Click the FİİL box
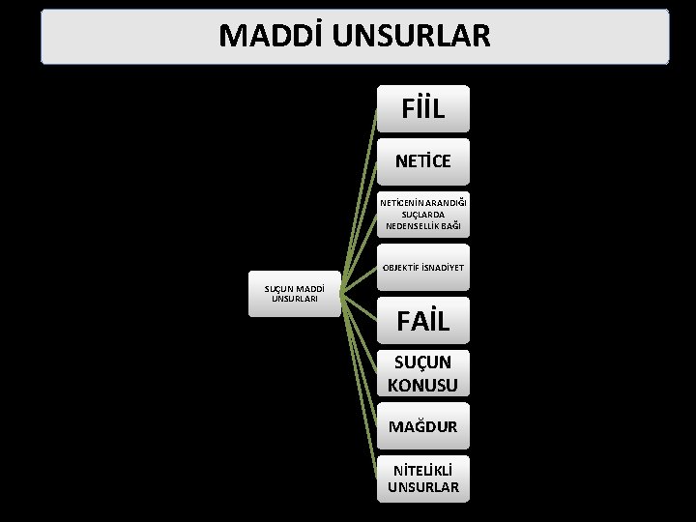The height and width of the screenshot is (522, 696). click(422, 108)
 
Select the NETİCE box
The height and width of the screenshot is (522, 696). click(422, 161)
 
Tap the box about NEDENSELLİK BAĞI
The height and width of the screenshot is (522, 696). click(422, 215)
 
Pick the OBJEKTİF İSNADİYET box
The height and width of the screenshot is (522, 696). click(422, 267)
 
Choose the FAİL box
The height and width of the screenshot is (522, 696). click(422, 320)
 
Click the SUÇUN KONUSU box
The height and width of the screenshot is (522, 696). click(422, 373)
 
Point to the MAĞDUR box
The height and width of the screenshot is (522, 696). click(422, 426)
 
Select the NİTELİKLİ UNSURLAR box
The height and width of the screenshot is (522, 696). click(422, 478)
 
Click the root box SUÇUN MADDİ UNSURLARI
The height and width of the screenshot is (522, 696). click(294, 293)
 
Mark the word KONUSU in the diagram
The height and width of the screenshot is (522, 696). click(422, 384)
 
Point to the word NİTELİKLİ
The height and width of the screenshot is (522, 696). click(423, 469)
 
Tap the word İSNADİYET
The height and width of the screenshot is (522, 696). click(444, 267)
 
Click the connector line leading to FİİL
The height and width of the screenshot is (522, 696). click(360, 193)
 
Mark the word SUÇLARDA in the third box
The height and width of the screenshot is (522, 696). click(423, 215)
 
